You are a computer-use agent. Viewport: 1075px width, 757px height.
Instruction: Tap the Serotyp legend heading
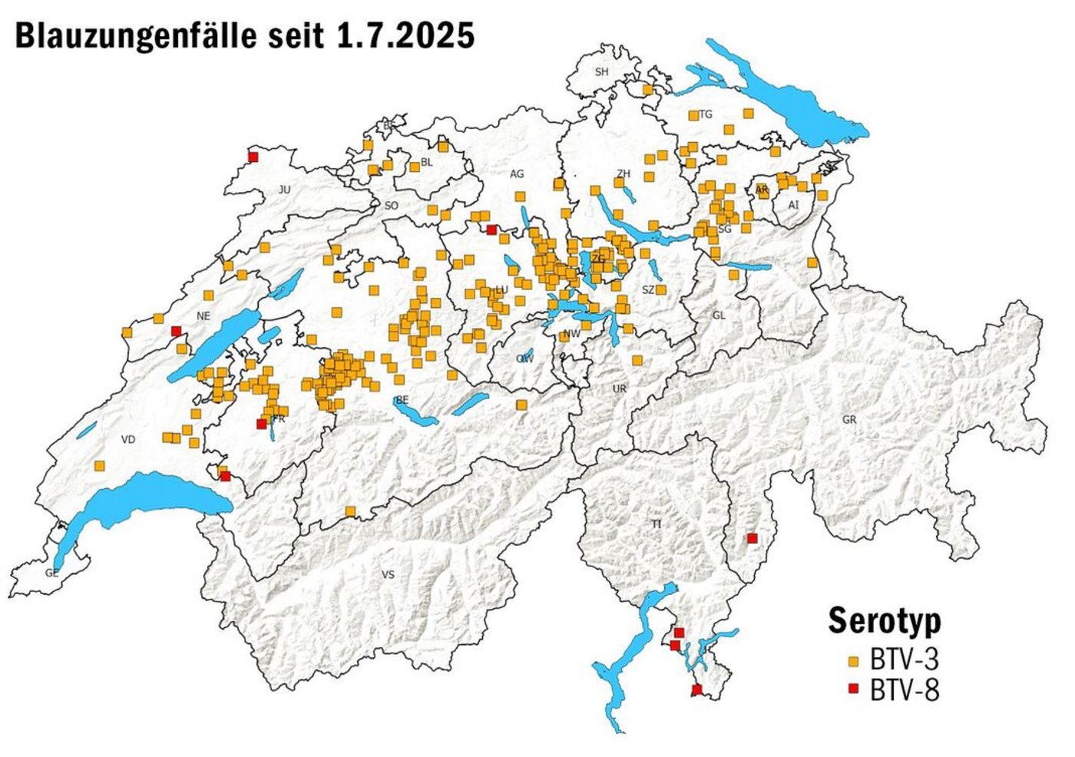(885, 620)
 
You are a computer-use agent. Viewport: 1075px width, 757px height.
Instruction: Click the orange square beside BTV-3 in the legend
(852, 661)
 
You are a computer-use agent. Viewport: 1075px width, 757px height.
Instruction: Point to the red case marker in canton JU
(253, 157)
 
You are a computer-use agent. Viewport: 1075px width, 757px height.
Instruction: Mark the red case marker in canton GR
(752, 538)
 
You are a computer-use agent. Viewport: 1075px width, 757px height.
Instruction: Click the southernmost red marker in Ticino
(696, 689)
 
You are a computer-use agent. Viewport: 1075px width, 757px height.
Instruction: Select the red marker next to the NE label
(176, 331)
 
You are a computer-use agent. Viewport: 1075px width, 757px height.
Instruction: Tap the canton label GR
(848, 420)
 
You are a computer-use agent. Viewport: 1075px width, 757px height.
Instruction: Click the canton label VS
(388, 574)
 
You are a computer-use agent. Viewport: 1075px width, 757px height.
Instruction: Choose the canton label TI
(657, 524)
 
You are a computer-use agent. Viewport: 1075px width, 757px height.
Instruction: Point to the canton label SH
(601, 72)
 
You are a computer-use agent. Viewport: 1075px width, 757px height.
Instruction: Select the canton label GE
(51, 573)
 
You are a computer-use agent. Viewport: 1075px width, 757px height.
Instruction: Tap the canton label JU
(285, 189)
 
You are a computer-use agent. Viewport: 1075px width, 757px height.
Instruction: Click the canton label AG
(517, 174)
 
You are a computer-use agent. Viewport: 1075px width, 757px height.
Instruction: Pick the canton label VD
(128, 439)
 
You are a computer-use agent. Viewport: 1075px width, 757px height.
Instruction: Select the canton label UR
(620, 388)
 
